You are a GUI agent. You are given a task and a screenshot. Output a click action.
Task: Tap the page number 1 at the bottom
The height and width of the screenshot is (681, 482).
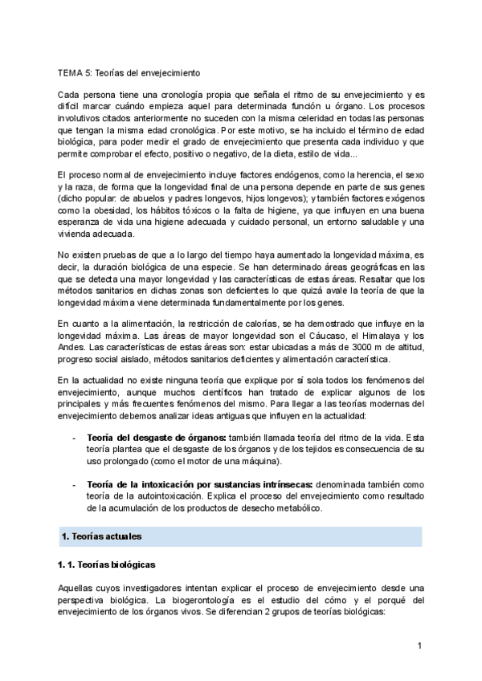point(419,646)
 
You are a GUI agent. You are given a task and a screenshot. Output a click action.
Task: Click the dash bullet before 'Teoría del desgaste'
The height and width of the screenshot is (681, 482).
point(74,437)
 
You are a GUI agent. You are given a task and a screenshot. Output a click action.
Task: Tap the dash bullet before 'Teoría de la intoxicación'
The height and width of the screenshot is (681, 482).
point(74,485)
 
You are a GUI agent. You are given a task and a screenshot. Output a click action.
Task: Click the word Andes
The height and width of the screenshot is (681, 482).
point(71,346)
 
